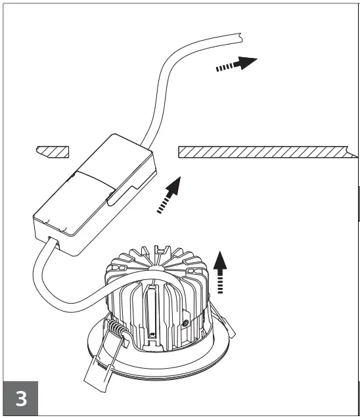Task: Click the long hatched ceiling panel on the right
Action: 263,152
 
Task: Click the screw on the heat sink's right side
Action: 188,322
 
